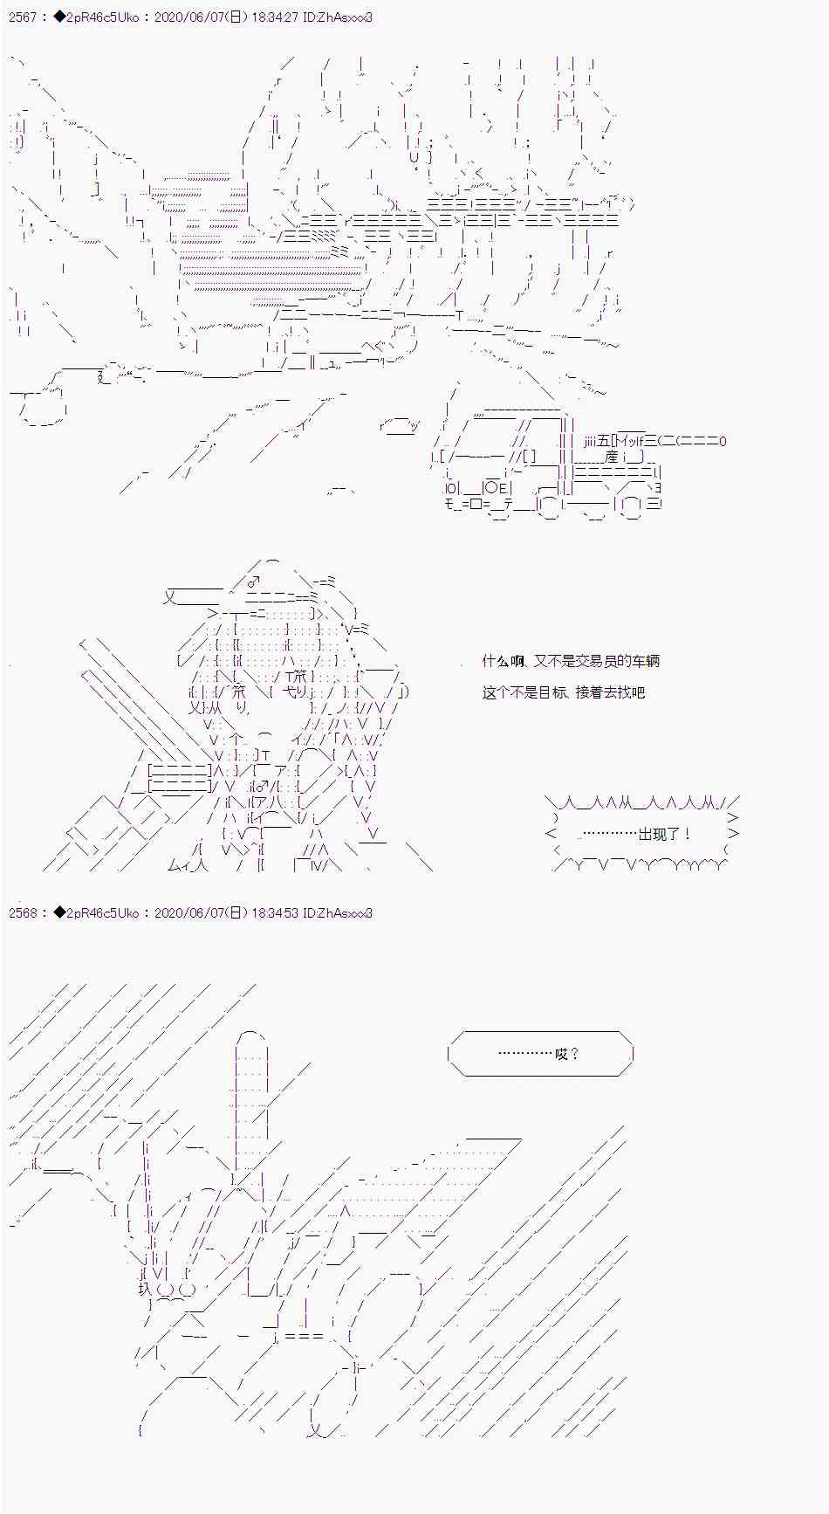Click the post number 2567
coord(22,17)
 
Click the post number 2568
coord(22,913)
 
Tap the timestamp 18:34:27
coord(274,17)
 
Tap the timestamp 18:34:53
coord(274,913)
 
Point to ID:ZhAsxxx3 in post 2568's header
coord(338,913)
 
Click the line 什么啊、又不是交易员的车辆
coord(571,662)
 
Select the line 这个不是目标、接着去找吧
coord(563,693)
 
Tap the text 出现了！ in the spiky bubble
coord(664,835)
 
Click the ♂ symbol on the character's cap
coord(253,582)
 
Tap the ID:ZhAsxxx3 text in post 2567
coord(338,17)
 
